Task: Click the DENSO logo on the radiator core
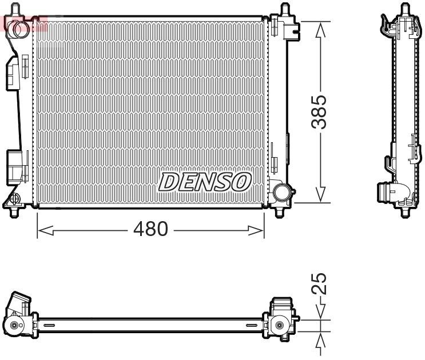click(x=204, y=182)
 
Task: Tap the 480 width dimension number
click(x=150, y=230)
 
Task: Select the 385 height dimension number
click(x=321, y=111)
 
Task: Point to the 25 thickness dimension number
click(x=321, y=284)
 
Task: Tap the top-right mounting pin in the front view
click(x=284, y=10)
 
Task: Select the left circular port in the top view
click(x=14, y=326)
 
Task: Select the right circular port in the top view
click(x=279, y=326)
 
